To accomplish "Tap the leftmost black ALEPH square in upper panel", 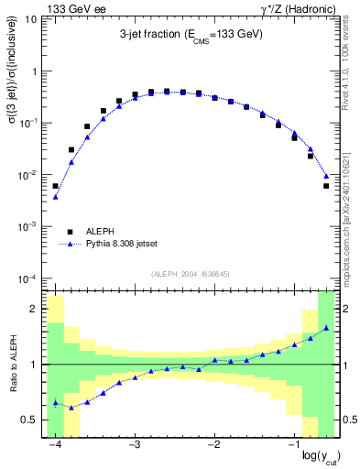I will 56,186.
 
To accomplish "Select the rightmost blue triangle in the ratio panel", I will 326,327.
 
